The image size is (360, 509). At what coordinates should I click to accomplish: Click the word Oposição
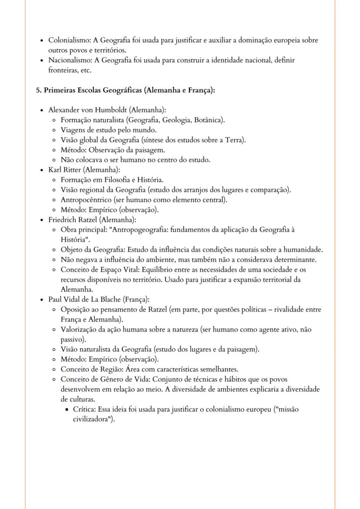(x=75, y=309)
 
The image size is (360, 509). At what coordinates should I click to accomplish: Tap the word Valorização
(x=79, y=330)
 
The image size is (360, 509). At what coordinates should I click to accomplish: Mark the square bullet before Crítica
(x=67, y=409)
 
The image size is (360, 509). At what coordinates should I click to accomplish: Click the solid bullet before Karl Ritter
(x=41, y=170)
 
